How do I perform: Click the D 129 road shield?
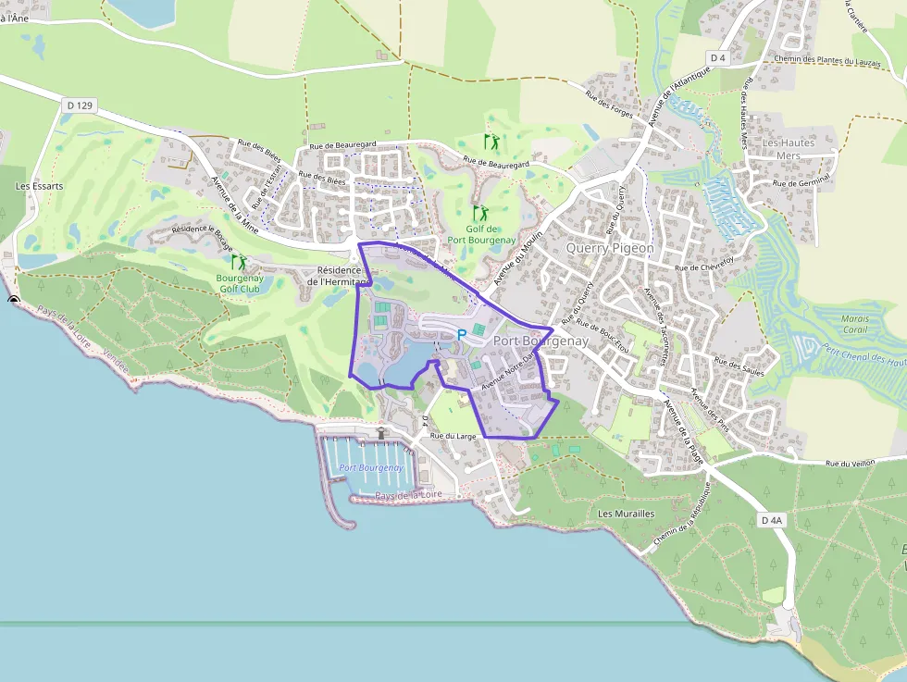click(x=81, y=105)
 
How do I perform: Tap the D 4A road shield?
click(x=771, y=520)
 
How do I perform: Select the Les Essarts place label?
click(x=40, y=186)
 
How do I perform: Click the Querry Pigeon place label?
click(x=610, y=248)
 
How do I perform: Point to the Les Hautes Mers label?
click(x=788, y=149)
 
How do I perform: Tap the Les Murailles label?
click(x=626, y=514)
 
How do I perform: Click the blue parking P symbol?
click(x=462, y=334)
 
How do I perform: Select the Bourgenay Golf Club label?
click(x=240, y=283)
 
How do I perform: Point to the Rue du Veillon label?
click(x=850, y=464)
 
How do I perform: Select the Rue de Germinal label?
click(x=801, y=183)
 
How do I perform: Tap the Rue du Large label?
click(x=453, y=436)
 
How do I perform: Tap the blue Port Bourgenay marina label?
click(x=371, y=467)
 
